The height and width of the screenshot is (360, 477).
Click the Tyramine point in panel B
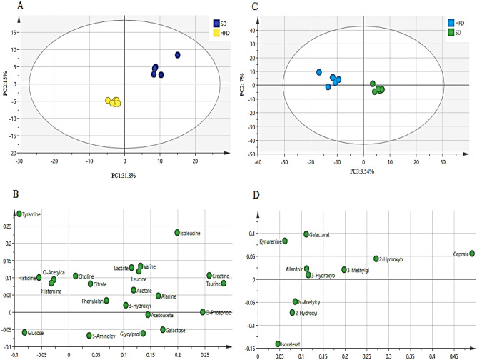point(19,214)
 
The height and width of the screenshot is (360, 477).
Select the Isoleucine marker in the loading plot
point(178,233)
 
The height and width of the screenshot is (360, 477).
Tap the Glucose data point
point(25,332)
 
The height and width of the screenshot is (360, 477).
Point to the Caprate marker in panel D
point(472,254)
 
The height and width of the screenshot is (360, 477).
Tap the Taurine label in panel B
point(216,284)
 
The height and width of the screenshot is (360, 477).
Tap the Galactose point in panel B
point(163,330)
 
